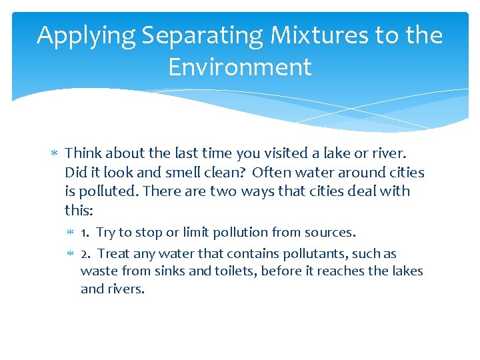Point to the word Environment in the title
[x=240, y=67]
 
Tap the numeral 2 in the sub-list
[x=84, y=254]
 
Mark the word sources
[x=331, y=233]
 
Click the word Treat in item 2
[x=113, y=254]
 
